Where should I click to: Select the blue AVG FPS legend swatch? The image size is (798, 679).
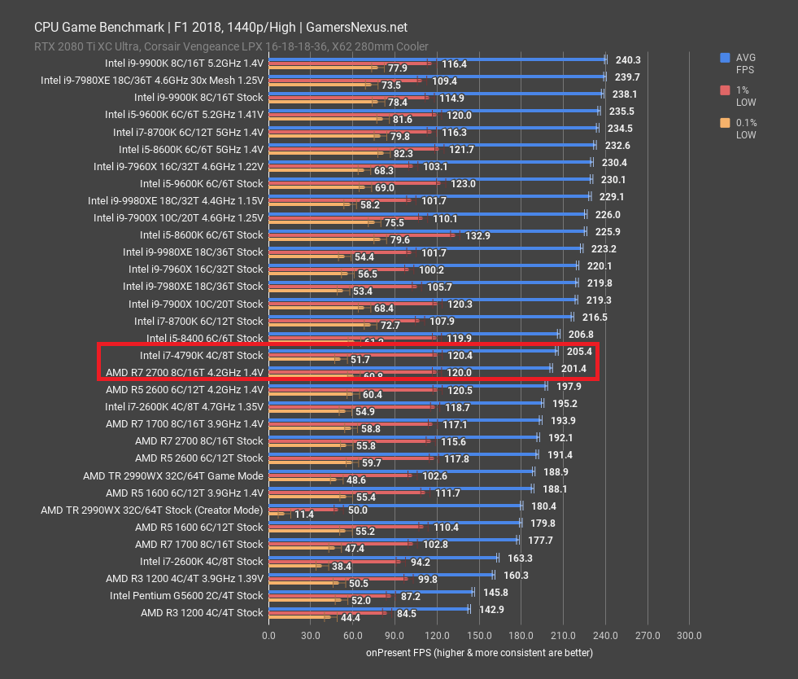[x=724, y=58]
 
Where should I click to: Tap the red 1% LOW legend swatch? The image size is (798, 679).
[x=724, y=90]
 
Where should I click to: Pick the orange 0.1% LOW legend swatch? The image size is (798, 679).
[x=724, y=123]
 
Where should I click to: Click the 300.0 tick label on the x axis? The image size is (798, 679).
[x=689, y=636]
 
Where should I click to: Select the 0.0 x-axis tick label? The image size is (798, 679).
[x=268, y=636]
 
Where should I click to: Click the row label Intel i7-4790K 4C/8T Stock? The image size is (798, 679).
[x=201, y=355]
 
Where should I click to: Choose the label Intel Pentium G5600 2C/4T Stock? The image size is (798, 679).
[x=186, y=595]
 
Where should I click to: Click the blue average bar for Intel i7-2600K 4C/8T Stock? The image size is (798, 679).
[x=382, y=557]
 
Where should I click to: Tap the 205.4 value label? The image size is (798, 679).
[x=579, y=351]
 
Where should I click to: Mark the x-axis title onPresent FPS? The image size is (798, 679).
[x=479, y=653]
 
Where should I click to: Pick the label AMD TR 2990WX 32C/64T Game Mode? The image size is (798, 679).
[x=172, y=475]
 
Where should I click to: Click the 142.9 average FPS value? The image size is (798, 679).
[x=491, y=609]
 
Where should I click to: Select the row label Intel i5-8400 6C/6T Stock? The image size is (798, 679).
[x=204, y=338]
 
